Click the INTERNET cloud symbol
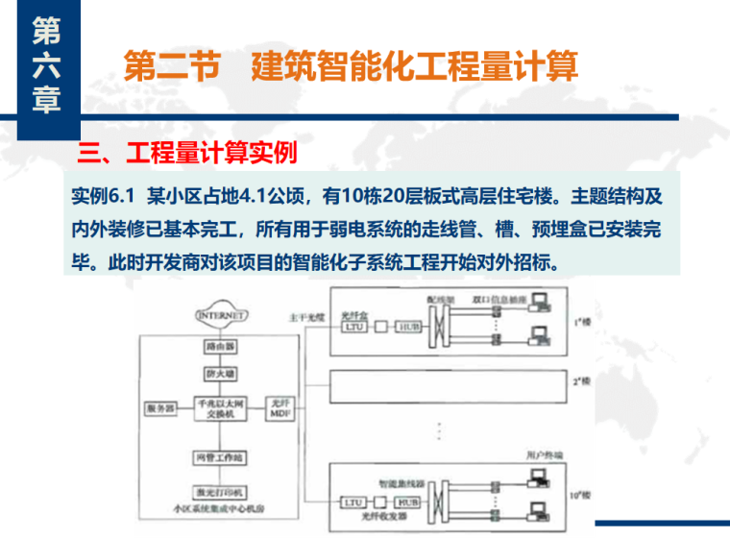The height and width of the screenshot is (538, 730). coord(222,315)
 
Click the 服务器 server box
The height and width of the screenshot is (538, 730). coord(160,407)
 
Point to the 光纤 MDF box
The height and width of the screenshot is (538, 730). coord(280,407)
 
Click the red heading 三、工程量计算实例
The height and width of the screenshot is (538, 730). coord(187,153)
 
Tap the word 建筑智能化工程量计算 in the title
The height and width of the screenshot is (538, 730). coord(414,68)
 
